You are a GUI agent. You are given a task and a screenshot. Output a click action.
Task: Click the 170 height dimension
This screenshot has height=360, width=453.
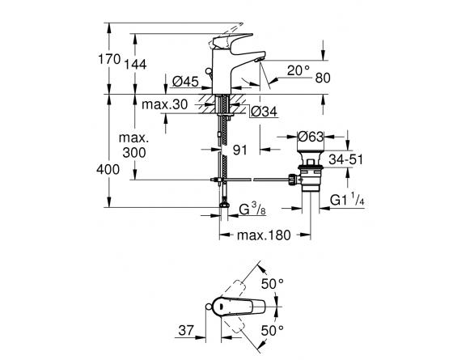pyautogui.click(x=109, y=59)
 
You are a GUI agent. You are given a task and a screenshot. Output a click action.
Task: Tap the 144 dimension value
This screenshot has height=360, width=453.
pyautogui.click(x=135, y=64)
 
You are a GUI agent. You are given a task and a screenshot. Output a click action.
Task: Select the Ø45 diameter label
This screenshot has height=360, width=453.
pyautogui.click(x=185, y=82)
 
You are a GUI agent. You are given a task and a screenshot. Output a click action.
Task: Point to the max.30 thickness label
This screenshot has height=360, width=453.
pyautogui.click(x=165, y=104)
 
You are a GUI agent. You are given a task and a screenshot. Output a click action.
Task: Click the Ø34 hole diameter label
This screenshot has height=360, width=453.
pyautogui.click(x=264, y=112)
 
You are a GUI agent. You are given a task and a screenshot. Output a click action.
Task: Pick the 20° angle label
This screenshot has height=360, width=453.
pyautogui.click(x=298, y=70)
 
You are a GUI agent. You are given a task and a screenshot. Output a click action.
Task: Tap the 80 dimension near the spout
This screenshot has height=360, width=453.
pyautogui.click(x=323, y=78)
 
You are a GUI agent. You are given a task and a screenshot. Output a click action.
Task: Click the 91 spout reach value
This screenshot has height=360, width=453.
pyautogui.click(x=239, y=150)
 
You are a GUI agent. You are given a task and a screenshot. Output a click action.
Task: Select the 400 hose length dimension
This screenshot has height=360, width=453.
pyautogui.click(x=108, y=169)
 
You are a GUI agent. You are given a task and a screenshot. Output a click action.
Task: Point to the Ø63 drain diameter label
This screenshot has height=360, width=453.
pyautogui.click(x=311, y=137)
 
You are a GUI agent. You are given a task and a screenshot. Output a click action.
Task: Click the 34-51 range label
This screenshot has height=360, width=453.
pyautogui.click(x=345, y=159)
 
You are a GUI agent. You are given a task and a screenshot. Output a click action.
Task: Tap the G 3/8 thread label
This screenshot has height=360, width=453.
pyautogui.click(x=252, y=210)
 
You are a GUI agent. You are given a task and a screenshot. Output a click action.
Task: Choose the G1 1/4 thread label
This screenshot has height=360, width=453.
pyautogui.click(x=347, y=200)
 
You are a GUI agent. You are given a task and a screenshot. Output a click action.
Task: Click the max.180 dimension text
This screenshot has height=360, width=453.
pyautogui.click(x=264, y=235)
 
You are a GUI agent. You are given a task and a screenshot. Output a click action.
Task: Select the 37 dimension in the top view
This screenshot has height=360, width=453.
pyautogui.click(x=186, y=330)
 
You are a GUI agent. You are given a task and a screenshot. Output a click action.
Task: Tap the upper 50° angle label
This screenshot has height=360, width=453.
pyautogui.click(x=273, y=284)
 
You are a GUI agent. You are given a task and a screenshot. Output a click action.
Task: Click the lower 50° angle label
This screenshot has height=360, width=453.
pyautogui.click(x=273, y=330)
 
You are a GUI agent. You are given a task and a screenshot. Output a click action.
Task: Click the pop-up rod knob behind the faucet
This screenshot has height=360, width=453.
pyautogui.click(x=208, y=71)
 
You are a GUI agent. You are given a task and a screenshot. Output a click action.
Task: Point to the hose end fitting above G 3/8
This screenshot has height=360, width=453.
pyautogui.click(x=224, y=204)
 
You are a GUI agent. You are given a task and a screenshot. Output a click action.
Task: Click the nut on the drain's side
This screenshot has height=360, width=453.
pyautogui.click(x=292, y=180)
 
